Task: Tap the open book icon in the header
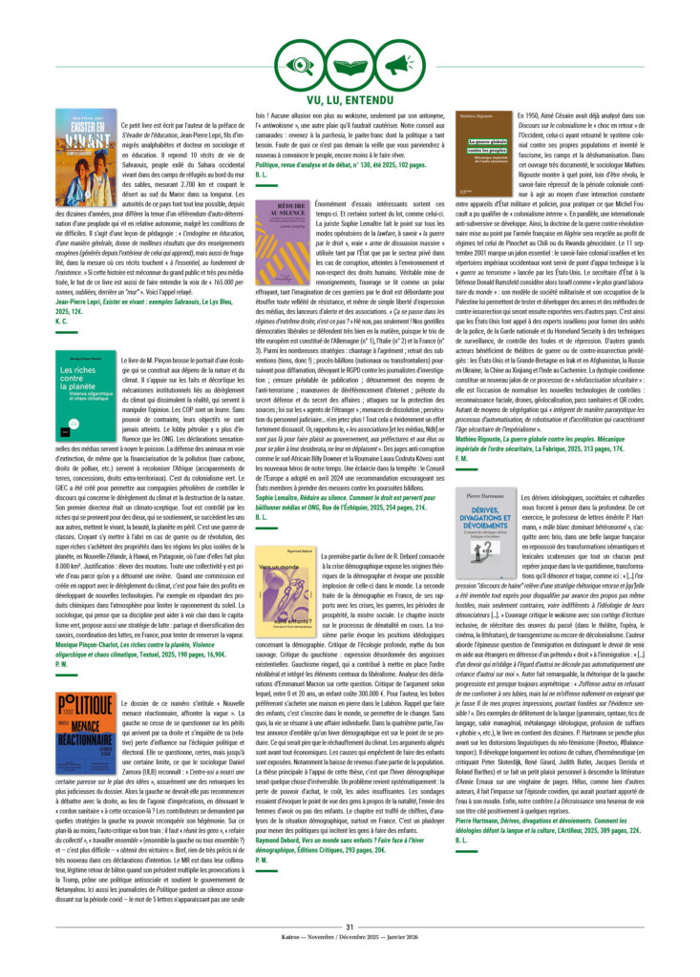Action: coord(350,64)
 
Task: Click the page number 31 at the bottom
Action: coord(350,926)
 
